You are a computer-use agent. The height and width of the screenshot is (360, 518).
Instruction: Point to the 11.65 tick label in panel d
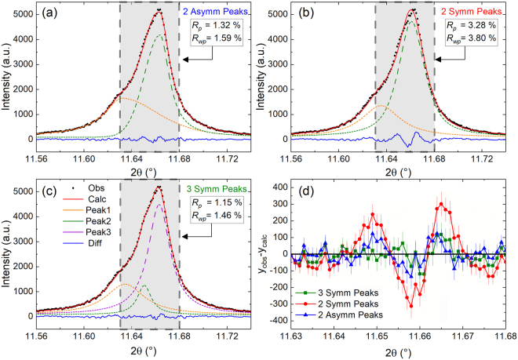(378, 336)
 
